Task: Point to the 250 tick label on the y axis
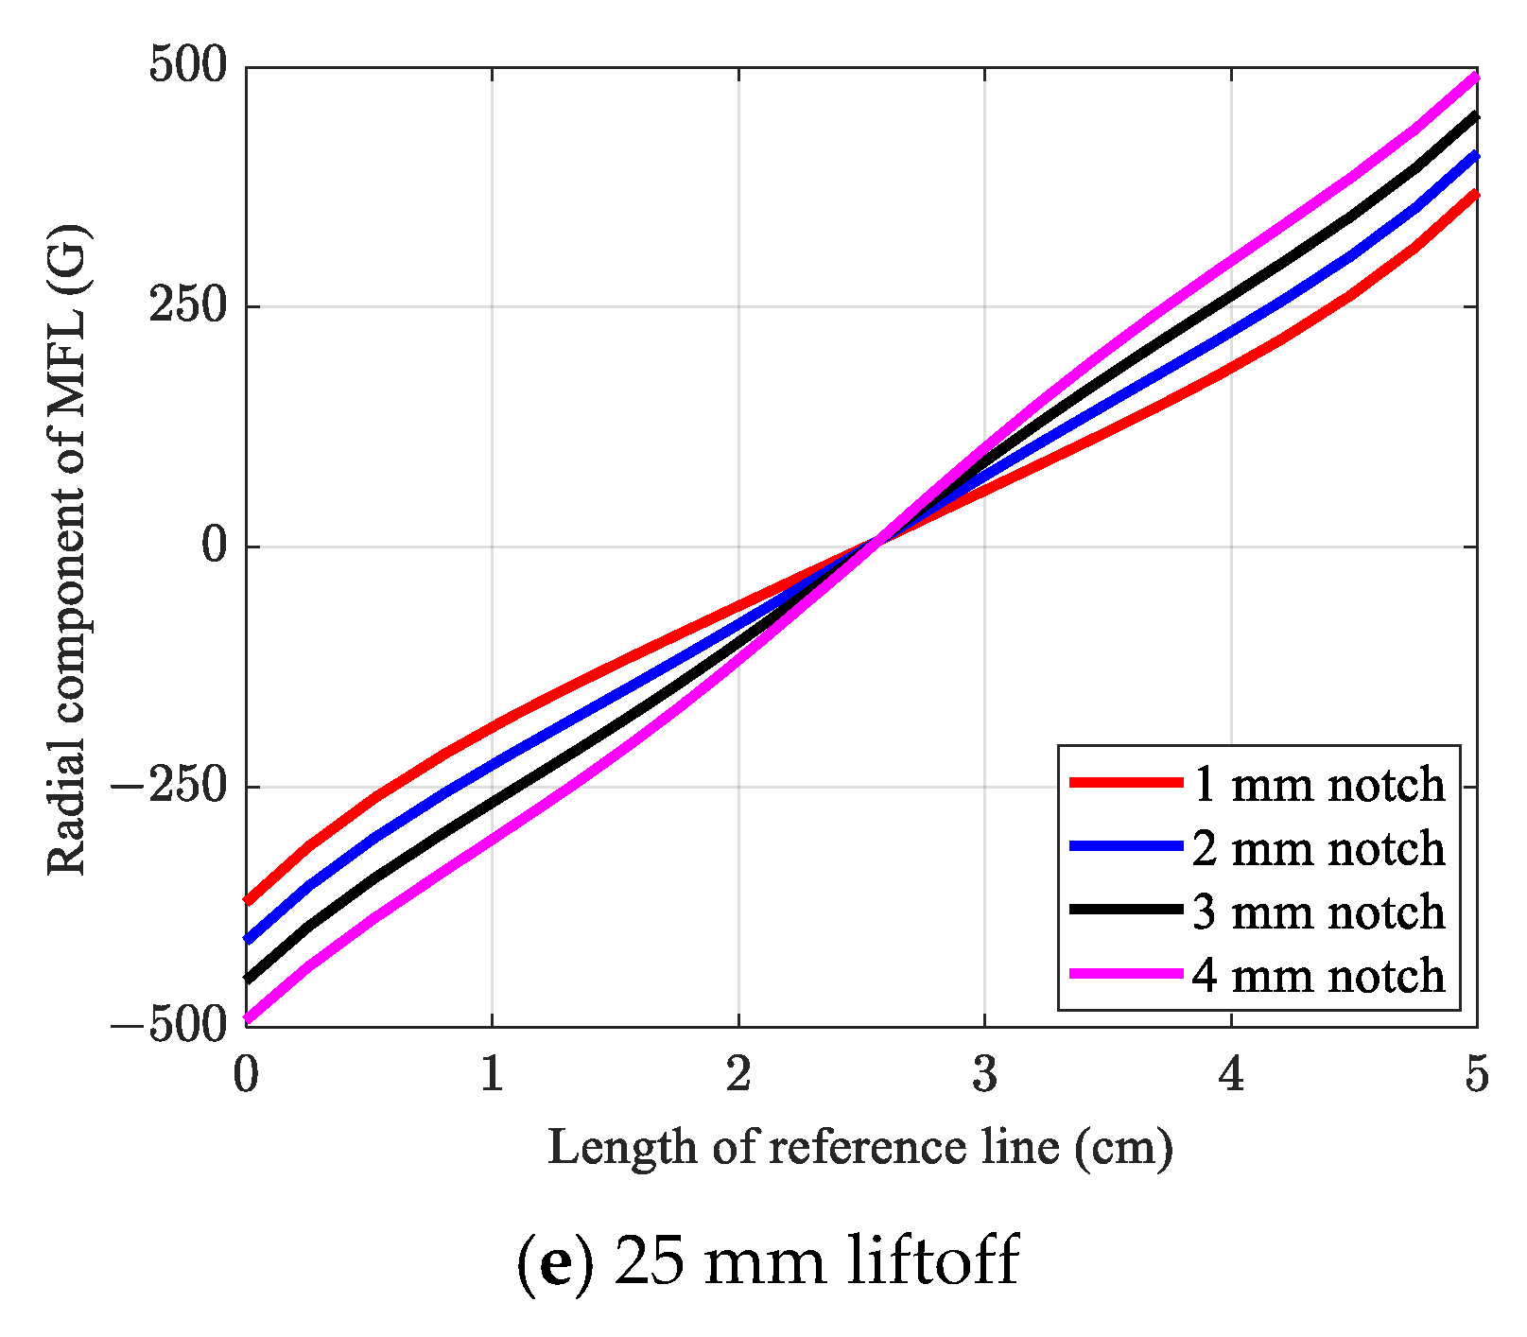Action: [188, 306]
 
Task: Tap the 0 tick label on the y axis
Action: [216, 547]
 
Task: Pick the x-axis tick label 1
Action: [492, 1074]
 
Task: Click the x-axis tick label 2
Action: [738, 1074]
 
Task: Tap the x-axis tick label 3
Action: [984, 1074]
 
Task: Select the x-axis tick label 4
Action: [1231, 1074]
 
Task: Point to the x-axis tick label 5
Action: [1476, 1074]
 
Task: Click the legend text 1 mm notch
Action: [1318, 784]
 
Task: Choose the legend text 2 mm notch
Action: [1318, 847]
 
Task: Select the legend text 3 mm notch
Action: [1318, 911]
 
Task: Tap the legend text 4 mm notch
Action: [1318, 974]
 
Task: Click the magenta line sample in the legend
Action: [1125, 973]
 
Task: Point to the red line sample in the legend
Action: [1125, 782]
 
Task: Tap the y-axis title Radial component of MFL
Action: [68, 548]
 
